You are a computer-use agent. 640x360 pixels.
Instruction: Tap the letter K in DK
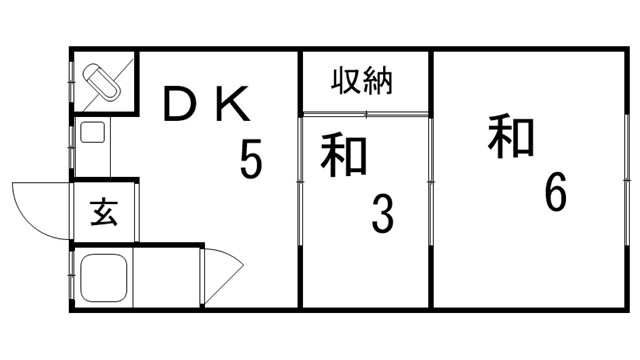click(236, 104)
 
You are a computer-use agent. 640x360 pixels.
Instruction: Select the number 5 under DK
click(251, 158)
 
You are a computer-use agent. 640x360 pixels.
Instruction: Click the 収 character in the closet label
click(348, 80)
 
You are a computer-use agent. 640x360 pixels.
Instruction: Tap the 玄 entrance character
click(103, 213)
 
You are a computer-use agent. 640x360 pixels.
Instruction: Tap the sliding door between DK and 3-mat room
click(301, 180)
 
